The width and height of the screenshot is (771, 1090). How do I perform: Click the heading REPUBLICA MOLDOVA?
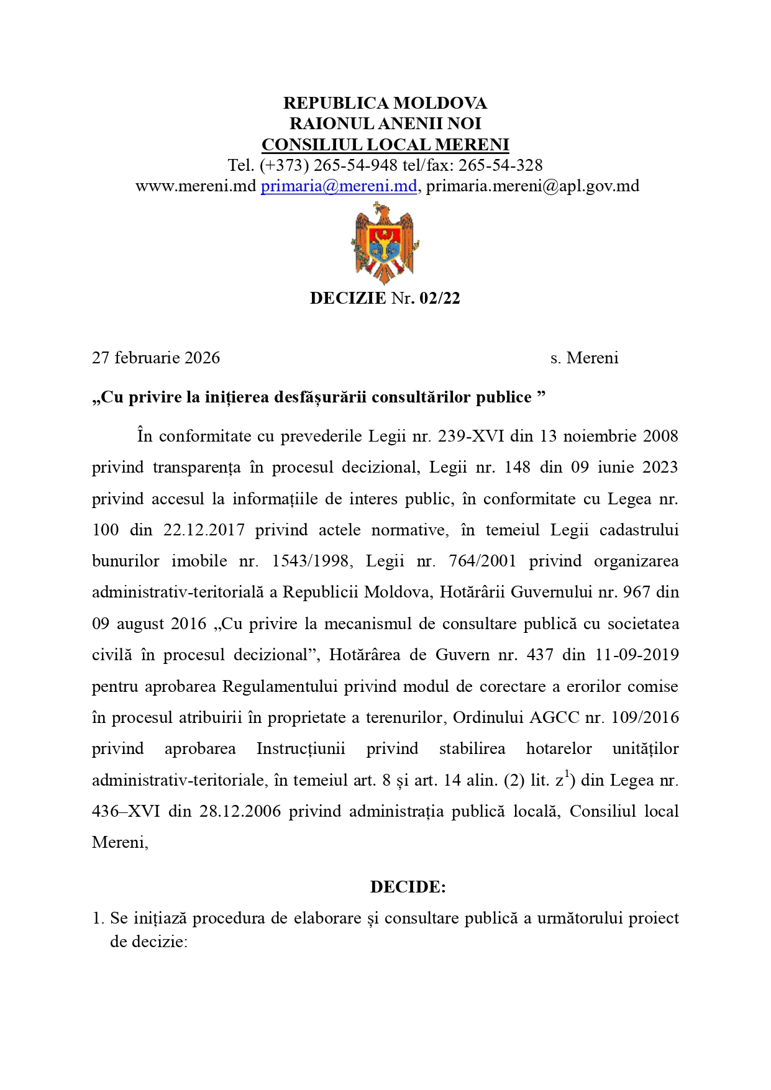[385, 102]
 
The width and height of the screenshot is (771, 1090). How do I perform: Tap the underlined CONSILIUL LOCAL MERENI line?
[385, 145]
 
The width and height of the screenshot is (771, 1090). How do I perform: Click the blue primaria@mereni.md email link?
[339, 186]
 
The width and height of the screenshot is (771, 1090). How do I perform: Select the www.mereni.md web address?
[196, 186]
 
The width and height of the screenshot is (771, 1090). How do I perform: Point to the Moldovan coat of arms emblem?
[385, 243]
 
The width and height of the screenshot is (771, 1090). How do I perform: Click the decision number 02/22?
[440, 298]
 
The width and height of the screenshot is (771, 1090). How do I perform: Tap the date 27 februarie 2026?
[156, 358]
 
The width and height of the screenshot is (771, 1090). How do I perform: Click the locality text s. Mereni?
[584, 358]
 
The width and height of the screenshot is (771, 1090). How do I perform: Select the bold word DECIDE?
[408, 887]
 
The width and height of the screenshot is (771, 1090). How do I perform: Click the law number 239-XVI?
[472, 436]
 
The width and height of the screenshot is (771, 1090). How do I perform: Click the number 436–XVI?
[125, 811]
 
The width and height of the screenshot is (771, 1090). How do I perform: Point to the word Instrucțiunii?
[301, 748]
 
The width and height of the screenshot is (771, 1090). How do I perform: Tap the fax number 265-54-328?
[500, 165]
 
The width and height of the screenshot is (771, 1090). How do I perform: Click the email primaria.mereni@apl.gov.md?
[532, 186]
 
